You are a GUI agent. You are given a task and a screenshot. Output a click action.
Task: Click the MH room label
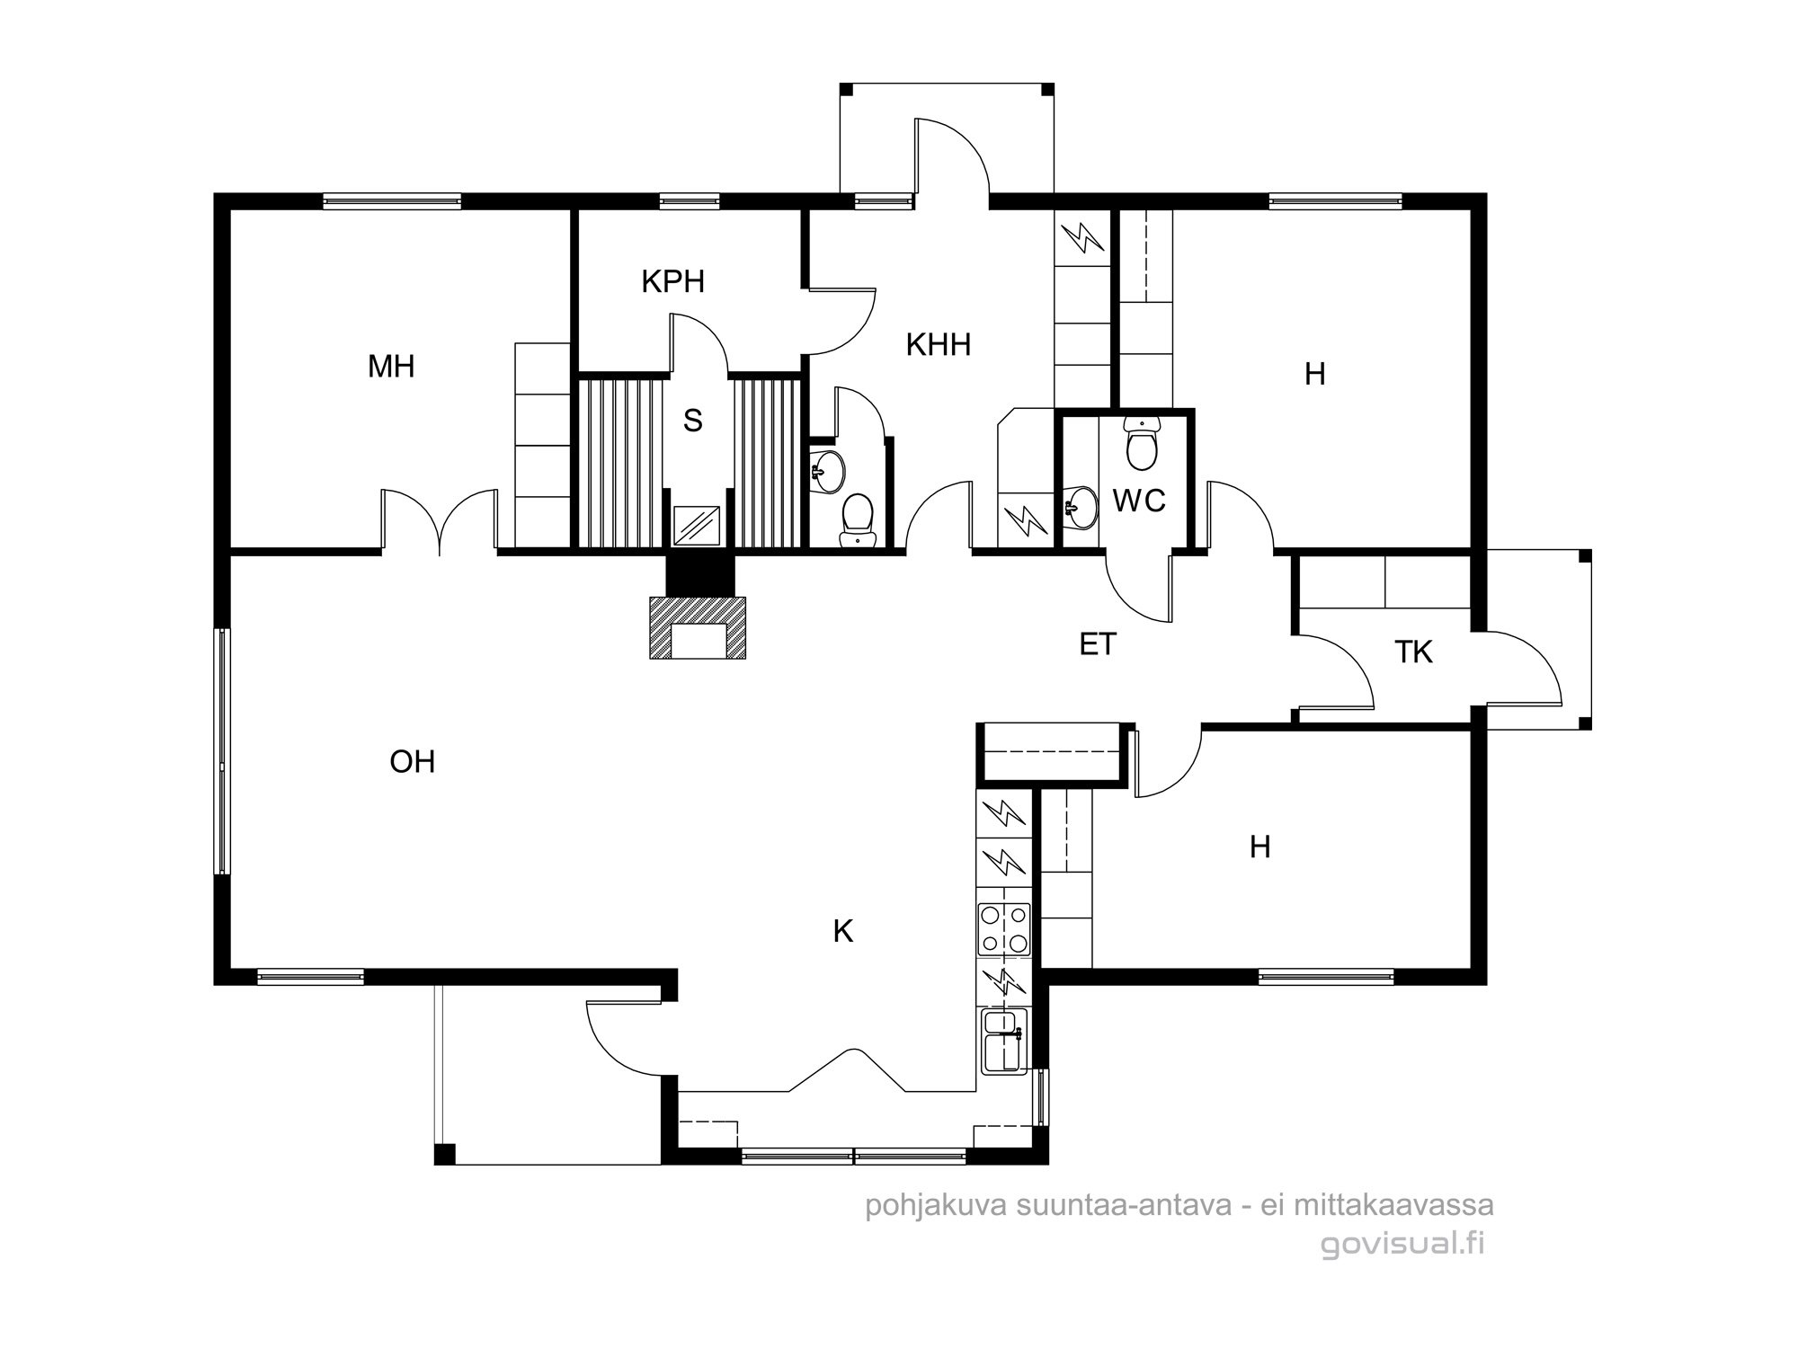point(391,367)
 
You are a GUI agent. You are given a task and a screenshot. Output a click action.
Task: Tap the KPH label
point(672,282)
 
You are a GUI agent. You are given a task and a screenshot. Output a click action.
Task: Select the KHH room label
point(939,345)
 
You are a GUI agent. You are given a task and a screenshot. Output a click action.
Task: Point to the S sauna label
point(692,421)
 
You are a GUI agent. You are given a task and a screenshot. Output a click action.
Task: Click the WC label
point(1139,501)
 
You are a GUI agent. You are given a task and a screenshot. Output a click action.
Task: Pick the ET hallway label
point(1098,644)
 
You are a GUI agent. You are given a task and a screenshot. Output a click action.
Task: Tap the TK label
point(1414,652)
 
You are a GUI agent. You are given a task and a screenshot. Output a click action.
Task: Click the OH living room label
point(413,762)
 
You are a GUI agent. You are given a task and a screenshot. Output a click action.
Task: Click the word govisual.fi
point(1402,1245)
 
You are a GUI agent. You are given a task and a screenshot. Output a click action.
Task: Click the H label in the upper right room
point(1314,375)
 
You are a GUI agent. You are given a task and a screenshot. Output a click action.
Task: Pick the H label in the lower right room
point(1260,847)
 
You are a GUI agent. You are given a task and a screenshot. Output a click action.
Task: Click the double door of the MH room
point(440,519)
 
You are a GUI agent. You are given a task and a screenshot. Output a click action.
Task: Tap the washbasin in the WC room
point(1081,507)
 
